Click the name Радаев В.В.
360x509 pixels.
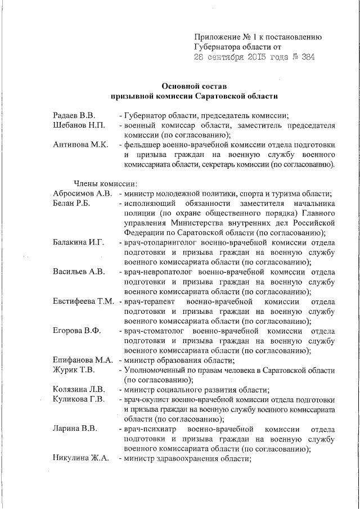(x=74, y=114)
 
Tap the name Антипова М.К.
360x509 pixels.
(x=80, y=145)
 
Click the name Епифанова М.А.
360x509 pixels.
(x=83, y=360)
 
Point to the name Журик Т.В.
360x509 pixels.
(x=74, y=370)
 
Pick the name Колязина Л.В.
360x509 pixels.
(x=80, y=390)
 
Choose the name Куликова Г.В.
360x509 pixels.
(x=79, y=399)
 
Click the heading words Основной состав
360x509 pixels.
(x=193, y=87)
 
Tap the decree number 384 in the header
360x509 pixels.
(x=308, y=57)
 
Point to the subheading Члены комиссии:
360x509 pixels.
(x=102, y=183)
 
